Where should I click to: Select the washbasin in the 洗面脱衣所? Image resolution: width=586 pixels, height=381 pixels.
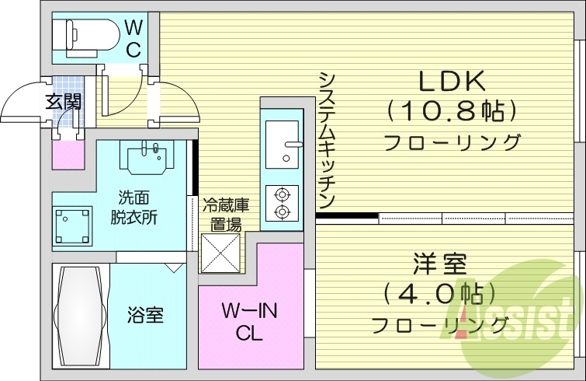(x=144, y=158)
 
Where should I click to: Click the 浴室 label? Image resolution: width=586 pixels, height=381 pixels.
(x=145, y=316)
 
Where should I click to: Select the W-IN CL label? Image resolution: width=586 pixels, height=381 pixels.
(x=249, y=323)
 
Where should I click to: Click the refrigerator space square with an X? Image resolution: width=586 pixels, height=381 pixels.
(x=220, y=251)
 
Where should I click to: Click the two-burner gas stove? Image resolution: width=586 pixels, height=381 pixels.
(x=281, y=202)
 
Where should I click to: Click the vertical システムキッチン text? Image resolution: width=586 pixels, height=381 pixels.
(x=327, y=140)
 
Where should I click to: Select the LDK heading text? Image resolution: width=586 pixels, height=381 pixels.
(x=452, y=81)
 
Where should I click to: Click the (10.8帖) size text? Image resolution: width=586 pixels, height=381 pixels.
(x=452, y=111)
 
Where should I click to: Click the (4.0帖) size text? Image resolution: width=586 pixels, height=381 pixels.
(x=439, y=295)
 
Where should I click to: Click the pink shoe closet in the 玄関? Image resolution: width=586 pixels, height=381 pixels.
(x=68, y=153)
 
